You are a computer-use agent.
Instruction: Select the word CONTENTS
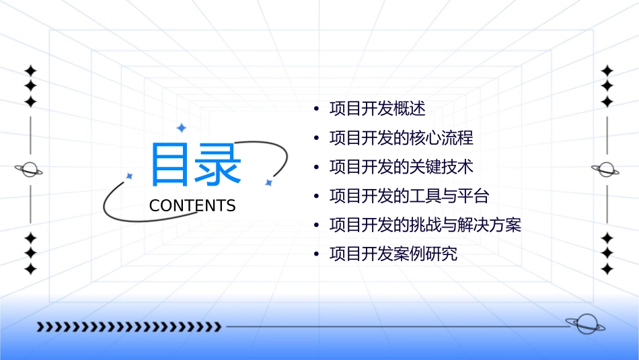pyautogui.click(x=192, y=206)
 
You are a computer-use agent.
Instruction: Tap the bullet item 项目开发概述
pyautogui.click(x=377, y=109)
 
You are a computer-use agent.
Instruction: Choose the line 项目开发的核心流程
pyautogui.click(x=401, y=138)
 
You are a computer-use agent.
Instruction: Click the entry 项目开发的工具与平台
pyautogui.click(x=409, y=196)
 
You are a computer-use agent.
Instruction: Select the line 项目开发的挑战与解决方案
pyautogui.click(x=425, y=225)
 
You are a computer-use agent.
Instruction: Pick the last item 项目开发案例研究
pyautogui.click(x=393, y=254)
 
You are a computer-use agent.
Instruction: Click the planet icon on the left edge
pyautogui.click(x=29, y=170)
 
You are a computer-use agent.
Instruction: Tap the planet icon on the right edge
pyautogui.click(x=606, y=170)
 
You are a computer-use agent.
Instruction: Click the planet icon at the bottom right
pyautogui.click(x=585, y=324)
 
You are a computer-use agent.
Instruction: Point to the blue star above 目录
pyautogui.click(x=181, y=128)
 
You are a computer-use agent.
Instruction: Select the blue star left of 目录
pyautogui.click(x=130, y=176)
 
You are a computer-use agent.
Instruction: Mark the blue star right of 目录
pyautogui.click(x=268, y=182)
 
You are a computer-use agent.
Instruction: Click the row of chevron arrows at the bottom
pyautogui.click(x=128, y=327)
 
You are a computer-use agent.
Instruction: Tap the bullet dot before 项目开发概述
pyautogui.click(x=316, y=109)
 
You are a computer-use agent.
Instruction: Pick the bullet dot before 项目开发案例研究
pyautogui.click(x=316, y=254)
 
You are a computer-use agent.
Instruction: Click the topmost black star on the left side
pyautogui.click(x=30, y=71)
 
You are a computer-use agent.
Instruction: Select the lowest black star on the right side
pyautogui.click(x=607, y=268)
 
